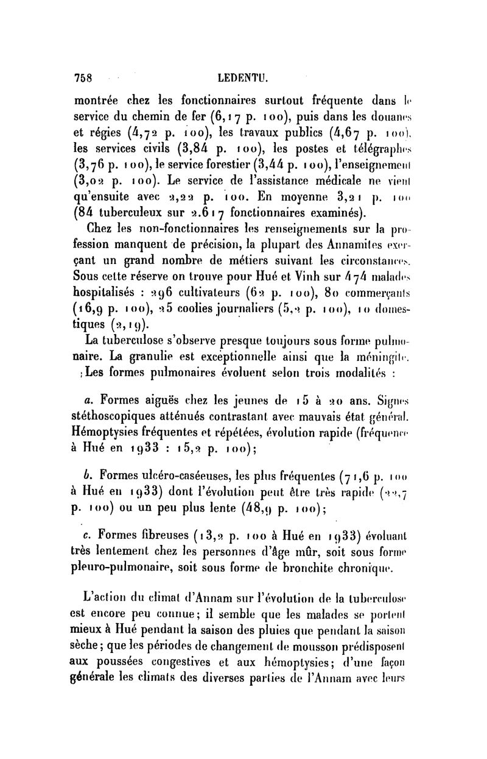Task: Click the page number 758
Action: (82, 79)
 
